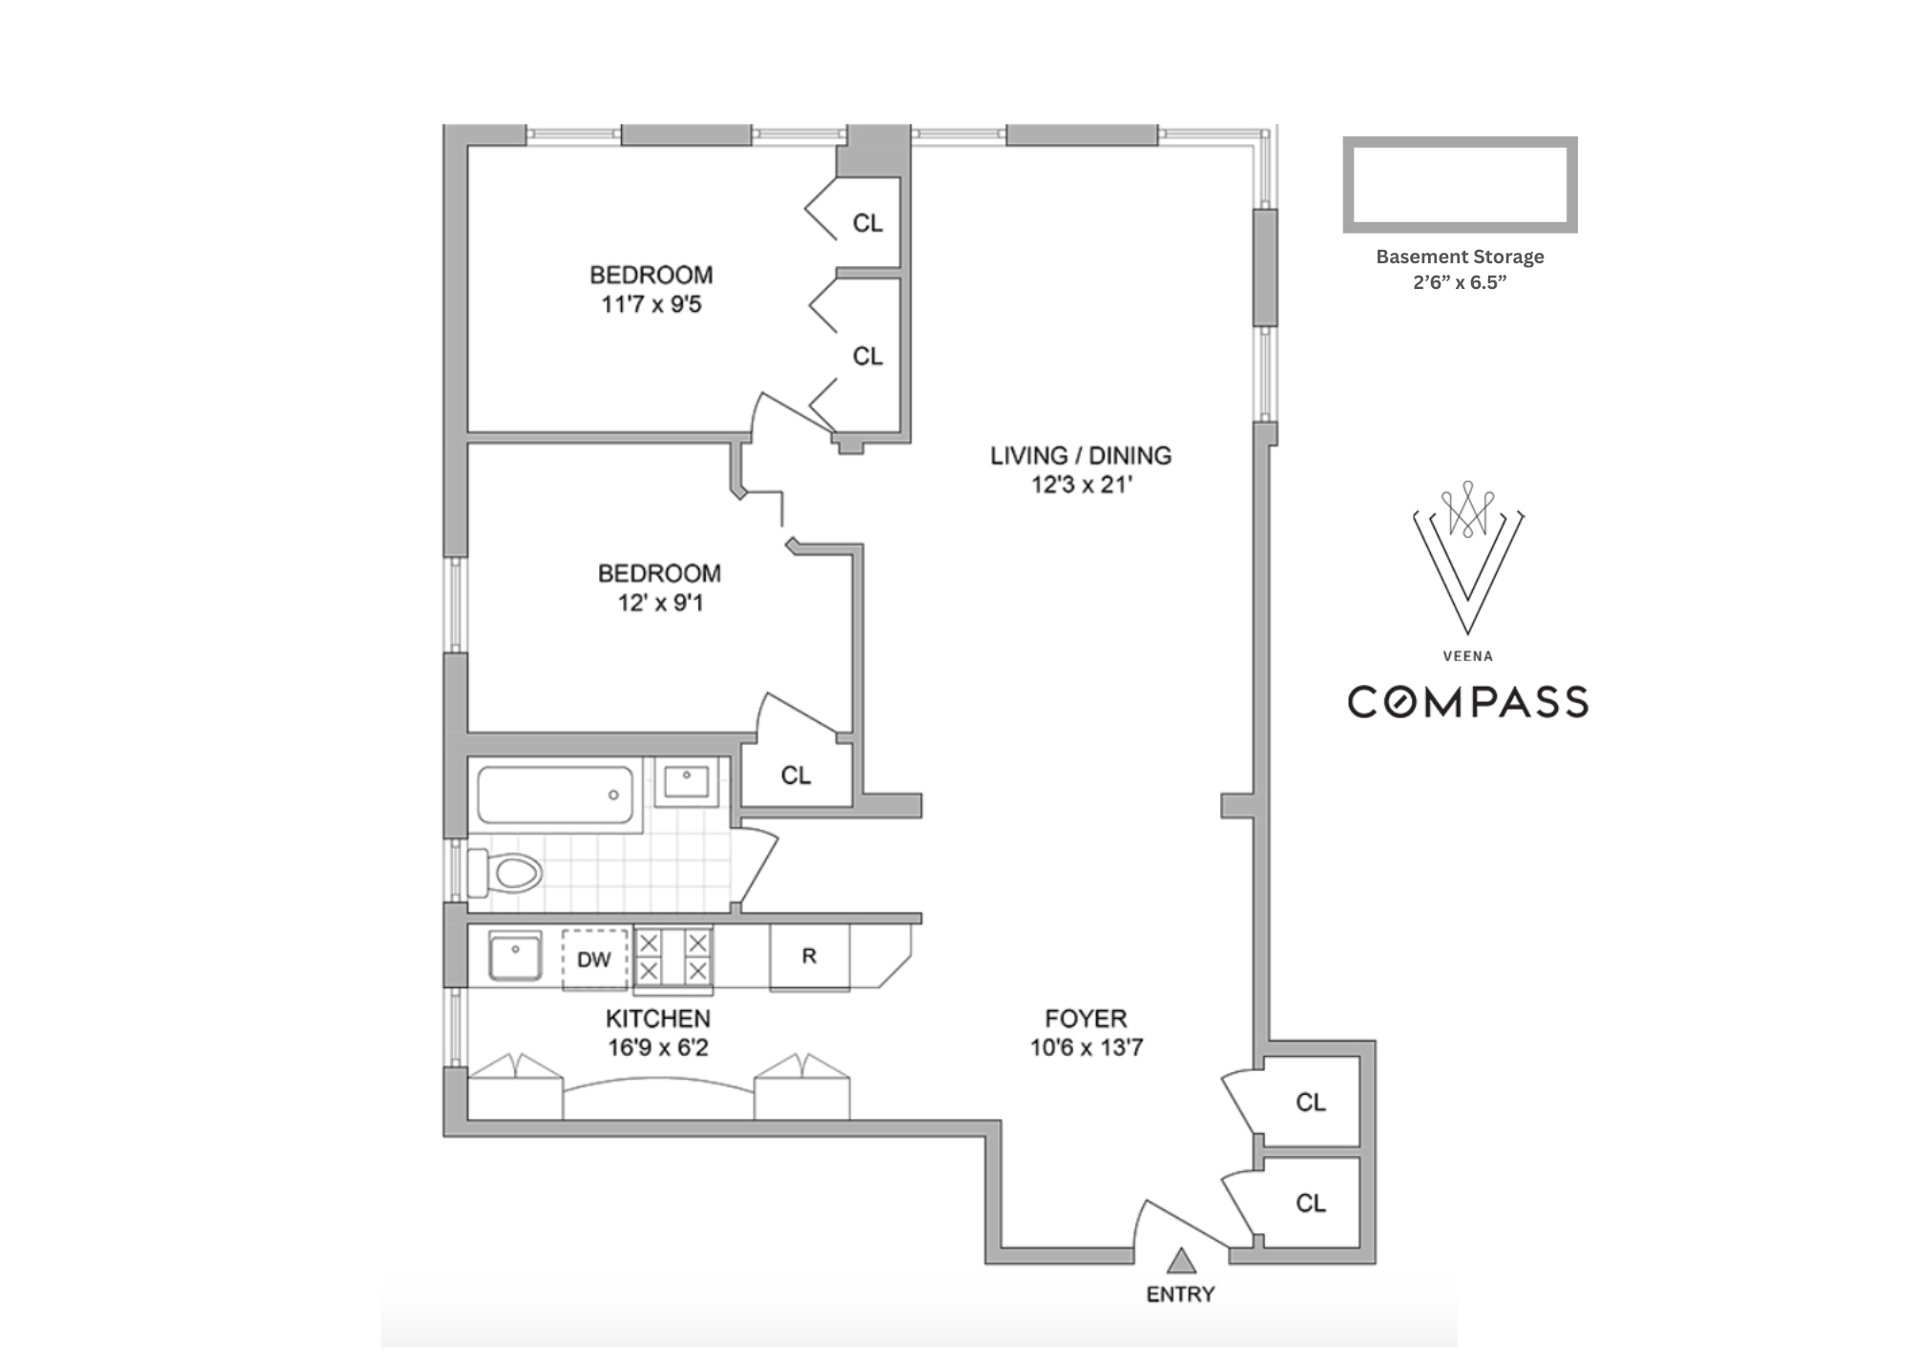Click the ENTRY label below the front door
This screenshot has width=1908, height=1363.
point(1180,1294)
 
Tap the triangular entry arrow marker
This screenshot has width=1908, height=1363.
point(1182,1261)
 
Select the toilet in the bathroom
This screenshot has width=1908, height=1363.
point(506,872)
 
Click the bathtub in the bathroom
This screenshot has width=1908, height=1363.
point(555,794)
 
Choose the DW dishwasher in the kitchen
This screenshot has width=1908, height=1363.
point(594,959)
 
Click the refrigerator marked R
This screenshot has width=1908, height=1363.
point(809,957)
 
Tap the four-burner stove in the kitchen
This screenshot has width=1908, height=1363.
point(674,957)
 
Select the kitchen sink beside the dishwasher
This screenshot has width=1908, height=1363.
point(515,957)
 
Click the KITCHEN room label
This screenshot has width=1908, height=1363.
point(658,1019)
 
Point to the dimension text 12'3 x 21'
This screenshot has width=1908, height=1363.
point(1081,485)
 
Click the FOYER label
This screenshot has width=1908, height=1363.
point(1086,1018)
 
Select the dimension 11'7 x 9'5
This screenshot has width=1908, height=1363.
point(652,304)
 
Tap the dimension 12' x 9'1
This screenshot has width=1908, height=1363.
point(659,603)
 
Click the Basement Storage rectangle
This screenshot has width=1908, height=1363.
point(1460,142)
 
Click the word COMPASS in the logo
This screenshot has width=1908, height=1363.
point(1467,701)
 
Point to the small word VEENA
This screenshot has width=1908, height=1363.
point(1467,656)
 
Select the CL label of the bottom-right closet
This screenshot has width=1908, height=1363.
point(1311,1203)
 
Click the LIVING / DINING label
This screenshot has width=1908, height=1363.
point(1081,455)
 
